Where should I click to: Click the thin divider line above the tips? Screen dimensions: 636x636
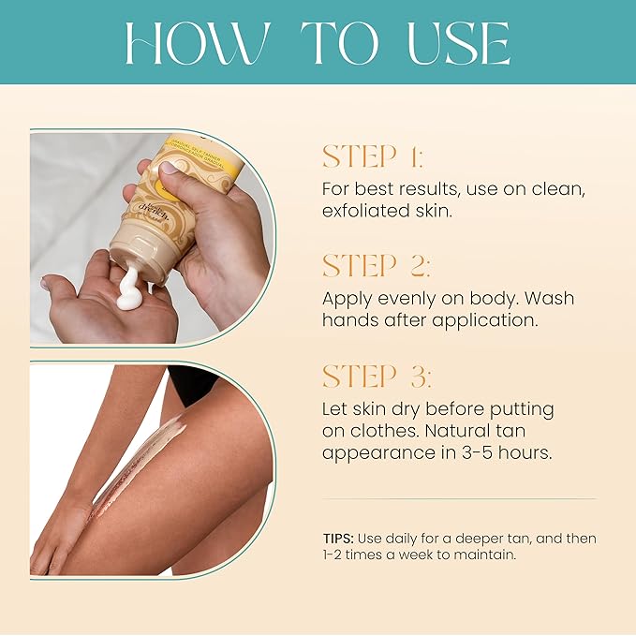click(459, 498)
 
